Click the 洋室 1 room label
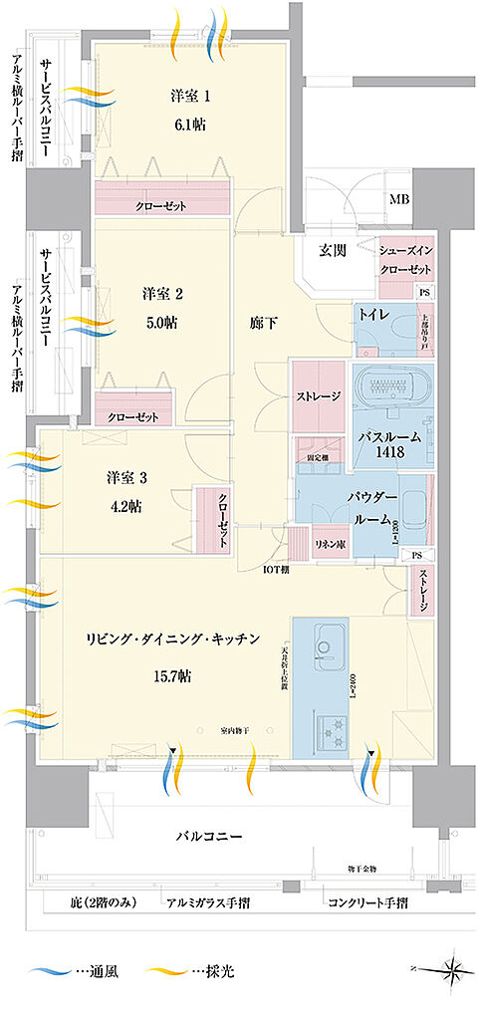pyautogui.click(x=192, y=97)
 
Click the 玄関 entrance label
pyautogui.click(x=333, y=250)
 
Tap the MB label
pyautogui.click(x=398, y=200)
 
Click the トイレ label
pyautogui.click(x=373, y=314)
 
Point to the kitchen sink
pyautogui.click(x=325, y=643)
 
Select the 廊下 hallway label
pyautogui.click(x=262, y=323)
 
